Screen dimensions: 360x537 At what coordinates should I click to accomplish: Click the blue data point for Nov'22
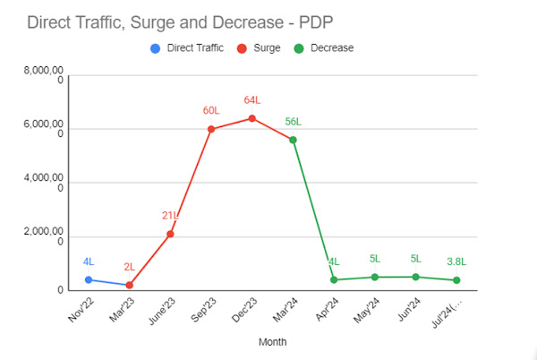(x=88, y=279)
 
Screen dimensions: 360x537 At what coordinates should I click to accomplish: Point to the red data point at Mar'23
(x=129, y=285)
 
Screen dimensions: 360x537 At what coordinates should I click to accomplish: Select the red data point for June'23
(x=170, y=234)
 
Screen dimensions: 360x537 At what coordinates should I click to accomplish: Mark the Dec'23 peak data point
(x=251, y=118)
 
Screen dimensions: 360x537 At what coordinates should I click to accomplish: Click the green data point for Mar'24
(x=293, y=140)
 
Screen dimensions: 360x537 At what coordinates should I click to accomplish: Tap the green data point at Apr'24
(x=334, y=279)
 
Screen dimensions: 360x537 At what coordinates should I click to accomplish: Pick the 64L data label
(x=251, y=99)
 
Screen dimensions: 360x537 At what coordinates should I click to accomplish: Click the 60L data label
(x=210, y=110)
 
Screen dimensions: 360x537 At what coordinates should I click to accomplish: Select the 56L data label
(x=293, y=121)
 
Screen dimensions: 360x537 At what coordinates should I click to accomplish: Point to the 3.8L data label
(x=456, y=261)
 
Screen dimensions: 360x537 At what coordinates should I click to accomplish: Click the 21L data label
(x=170, y=215)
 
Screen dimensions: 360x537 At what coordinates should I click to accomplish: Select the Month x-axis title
(x=272, y=341)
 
